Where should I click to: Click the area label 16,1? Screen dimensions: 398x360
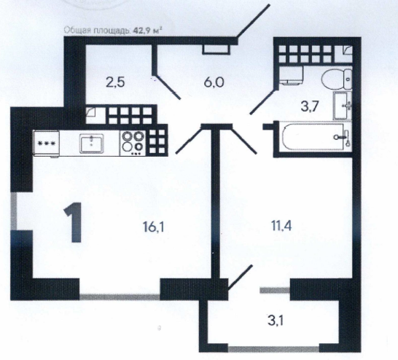coord(153,227)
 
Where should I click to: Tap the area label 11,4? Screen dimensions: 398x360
coord(281,225)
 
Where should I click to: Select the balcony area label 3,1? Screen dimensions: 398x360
coord(276,321)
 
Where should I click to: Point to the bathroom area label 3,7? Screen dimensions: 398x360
coord(309,106)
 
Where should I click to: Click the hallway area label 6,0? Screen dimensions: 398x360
coord(214,82)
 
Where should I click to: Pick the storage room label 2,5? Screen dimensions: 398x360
coord(115,82)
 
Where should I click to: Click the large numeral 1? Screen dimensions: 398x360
coord(73,222)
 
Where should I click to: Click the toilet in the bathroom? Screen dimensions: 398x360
coord(337,79)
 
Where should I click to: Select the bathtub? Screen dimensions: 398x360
coord(313,137)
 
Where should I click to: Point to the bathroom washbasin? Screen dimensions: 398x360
coord(343,106)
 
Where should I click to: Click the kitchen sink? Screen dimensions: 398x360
coord(92,144)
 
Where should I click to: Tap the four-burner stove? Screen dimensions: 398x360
coord(133,143)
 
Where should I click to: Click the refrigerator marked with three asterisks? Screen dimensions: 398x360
coord(47,144)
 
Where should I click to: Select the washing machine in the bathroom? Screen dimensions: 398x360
coord(292,74)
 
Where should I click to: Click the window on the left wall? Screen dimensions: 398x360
coord(14,211)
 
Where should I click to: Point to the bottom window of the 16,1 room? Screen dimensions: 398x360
coord(120,297)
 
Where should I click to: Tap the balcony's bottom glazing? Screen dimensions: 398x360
coord(273,349)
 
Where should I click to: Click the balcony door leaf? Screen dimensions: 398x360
coord(241,278)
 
